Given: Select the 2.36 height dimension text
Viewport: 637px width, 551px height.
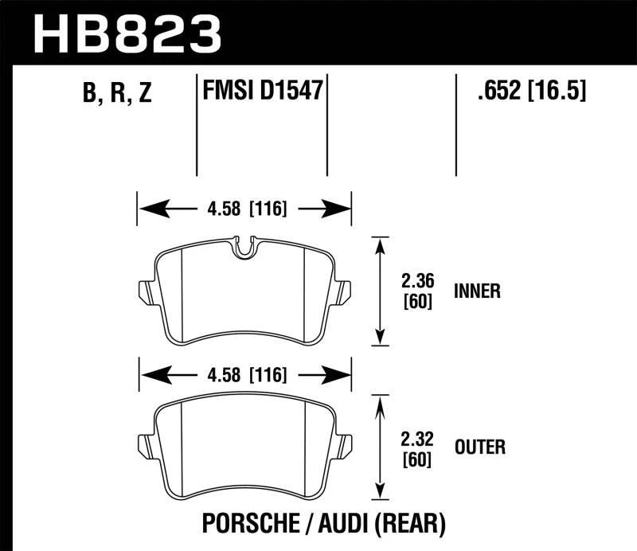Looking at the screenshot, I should (x=417, y=280).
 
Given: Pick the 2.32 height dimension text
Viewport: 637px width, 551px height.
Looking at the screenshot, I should (x=417, y=436).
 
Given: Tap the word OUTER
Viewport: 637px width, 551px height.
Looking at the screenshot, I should (x=479, y=447).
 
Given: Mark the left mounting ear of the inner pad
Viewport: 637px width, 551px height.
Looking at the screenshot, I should (x=145, y=291).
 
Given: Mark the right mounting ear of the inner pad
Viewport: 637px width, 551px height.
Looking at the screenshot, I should (x=346, y=291).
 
